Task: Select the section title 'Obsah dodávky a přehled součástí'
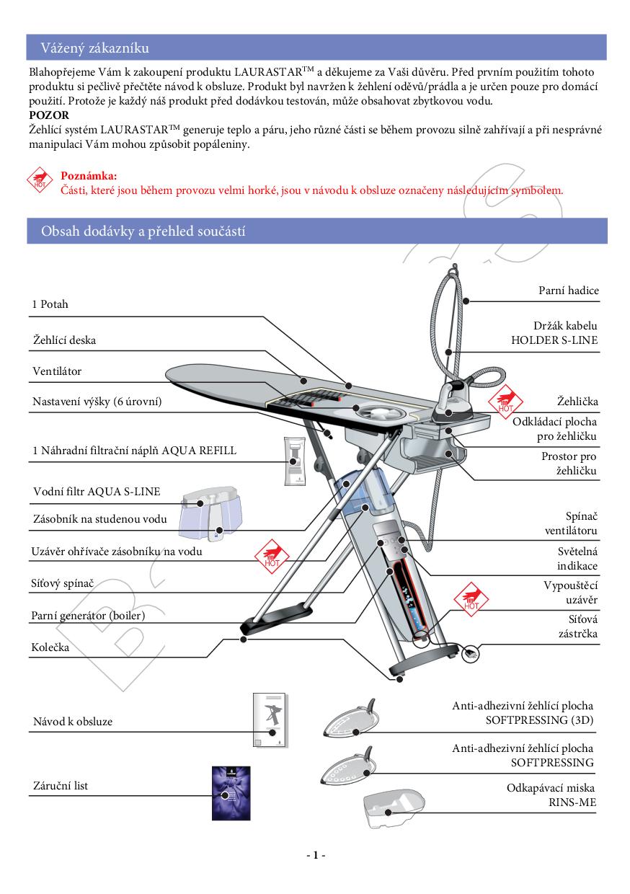tap(144, 231)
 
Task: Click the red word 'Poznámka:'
tap(89, 176)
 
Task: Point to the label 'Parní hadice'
tap(569, 291)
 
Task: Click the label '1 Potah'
tap(50, 304)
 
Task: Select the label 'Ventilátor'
tap(57, 371)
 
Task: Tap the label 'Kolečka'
tap(50, 647)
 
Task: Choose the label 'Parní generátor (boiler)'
tap(94, 616)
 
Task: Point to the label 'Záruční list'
tap(61, 785)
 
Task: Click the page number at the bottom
tap(315, 855)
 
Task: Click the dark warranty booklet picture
tap(231, 792)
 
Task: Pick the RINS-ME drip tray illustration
tap(393, 809)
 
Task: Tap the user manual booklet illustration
tap(271, 721)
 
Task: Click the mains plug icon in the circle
tap(471, 653)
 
